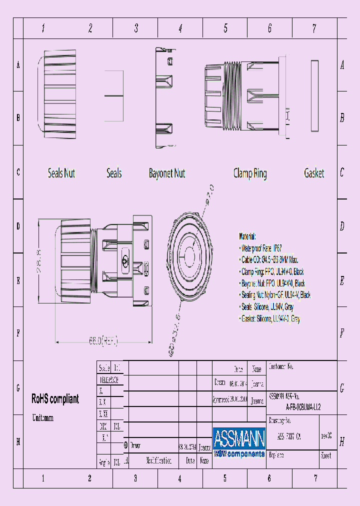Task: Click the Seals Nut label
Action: [61, 173]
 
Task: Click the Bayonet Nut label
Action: [167, 173]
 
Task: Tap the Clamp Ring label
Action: [250, 173]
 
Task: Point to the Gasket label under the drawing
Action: [314, 173]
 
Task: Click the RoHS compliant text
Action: [55, 399]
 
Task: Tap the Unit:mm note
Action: [42, 417]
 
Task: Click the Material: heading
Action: [247, 236]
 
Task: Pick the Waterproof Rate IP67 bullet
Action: [261, 248]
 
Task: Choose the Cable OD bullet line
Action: [270, 260]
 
